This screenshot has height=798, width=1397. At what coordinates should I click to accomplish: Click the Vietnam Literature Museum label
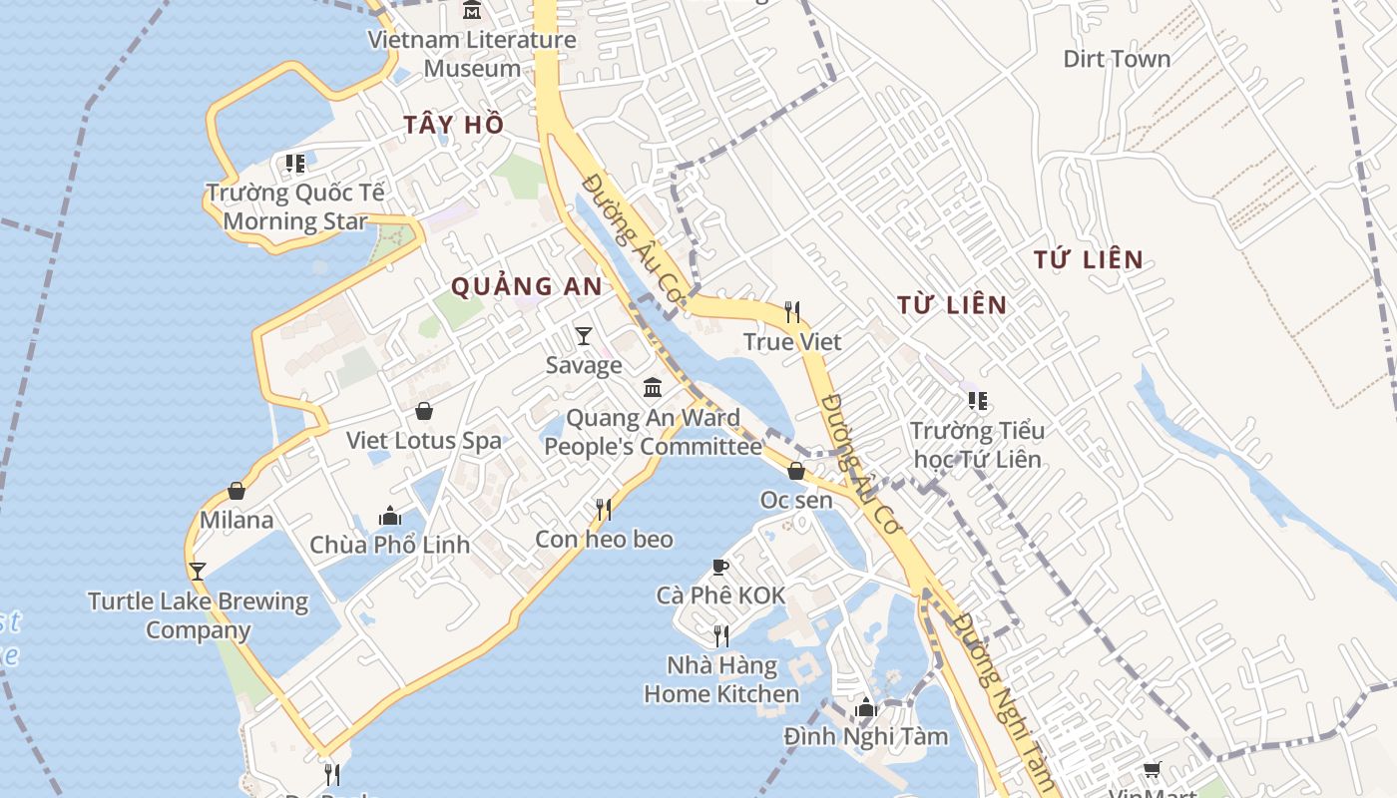pyautogui.click(x=472, y=54)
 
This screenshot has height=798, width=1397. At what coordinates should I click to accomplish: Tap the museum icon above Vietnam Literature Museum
pyautogui.click(x=472, y=10)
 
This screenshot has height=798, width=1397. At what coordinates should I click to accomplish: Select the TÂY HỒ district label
pyautogui.click(x=453, y=125)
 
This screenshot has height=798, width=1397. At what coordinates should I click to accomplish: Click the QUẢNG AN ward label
pyautogui.click(x=526, y=287)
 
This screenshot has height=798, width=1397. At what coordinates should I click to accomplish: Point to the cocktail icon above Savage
pyautogui.click(x=584, y=335)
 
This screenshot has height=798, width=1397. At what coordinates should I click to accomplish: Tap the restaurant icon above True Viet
pyautogui.click(x=792, y=312)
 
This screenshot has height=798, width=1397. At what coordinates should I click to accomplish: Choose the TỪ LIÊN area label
pyautogui.click(x=951, y=305)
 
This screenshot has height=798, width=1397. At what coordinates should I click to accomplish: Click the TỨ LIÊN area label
pyautogui.click(x=1088, y=260)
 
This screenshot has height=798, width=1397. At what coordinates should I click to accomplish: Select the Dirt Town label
pyautogui.click(x=1117, y=59)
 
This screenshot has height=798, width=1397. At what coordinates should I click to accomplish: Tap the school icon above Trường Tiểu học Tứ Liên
pyautogui.click(x=978, y=401)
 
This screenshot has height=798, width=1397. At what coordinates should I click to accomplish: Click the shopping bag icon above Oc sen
pyautogui.click(x=796, y=471)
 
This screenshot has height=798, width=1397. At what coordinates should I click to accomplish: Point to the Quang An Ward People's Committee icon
pyautogui.click(x=653, y=387)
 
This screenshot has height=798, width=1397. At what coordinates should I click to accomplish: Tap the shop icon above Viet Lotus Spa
pyautogui.click(x=424, y=411)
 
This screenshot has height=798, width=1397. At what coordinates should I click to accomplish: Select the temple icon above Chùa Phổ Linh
pyautogui.click(x=390, y=516)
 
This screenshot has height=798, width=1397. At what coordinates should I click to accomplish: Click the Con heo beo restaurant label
pyautogui.click(x=604, y=540)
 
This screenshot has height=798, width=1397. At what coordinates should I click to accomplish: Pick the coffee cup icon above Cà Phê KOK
pyautogui.click(x=720, y=567)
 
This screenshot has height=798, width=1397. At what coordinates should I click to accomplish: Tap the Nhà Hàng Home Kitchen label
pyautogui.click(x=721, y=679)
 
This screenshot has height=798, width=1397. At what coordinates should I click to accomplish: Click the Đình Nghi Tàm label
pyautogui.click(x=865, y=737)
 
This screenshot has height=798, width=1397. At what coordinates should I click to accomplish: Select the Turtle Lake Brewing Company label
pyautogui.click(x=198, y=615)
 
